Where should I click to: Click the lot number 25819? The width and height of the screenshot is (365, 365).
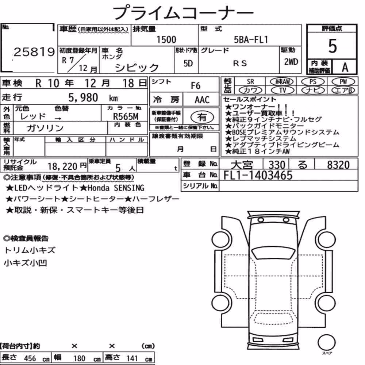point(34,52)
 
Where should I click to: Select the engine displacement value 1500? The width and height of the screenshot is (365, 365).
point(166,39)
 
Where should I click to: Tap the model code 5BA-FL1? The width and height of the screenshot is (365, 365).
point(251,39)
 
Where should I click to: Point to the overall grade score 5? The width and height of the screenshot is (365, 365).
point(333,46)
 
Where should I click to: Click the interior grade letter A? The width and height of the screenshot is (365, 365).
point(345,68)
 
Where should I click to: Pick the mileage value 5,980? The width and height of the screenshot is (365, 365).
point(83,97)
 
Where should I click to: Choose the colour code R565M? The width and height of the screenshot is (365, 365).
point(126,116)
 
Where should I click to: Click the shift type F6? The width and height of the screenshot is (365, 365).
point(196,86)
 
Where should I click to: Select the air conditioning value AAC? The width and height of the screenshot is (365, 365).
point(202,100)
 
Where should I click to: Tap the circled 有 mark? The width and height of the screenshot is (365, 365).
point(202,117)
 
